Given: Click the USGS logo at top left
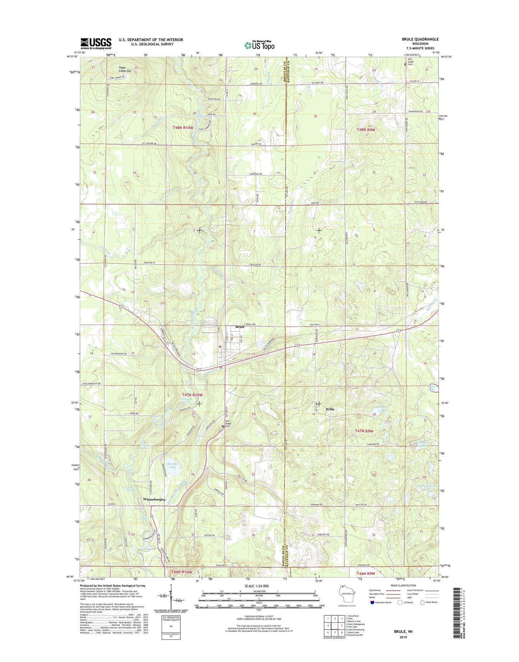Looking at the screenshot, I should [96, 43].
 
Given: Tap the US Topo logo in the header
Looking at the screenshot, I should [259, 45].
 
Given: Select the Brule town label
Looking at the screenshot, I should [240, 327].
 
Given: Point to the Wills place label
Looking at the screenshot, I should [330, 409].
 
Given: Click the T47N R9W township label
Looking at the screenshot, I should [364, 431].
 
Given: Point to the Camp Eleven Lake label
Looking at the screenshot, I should [426, 487].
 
